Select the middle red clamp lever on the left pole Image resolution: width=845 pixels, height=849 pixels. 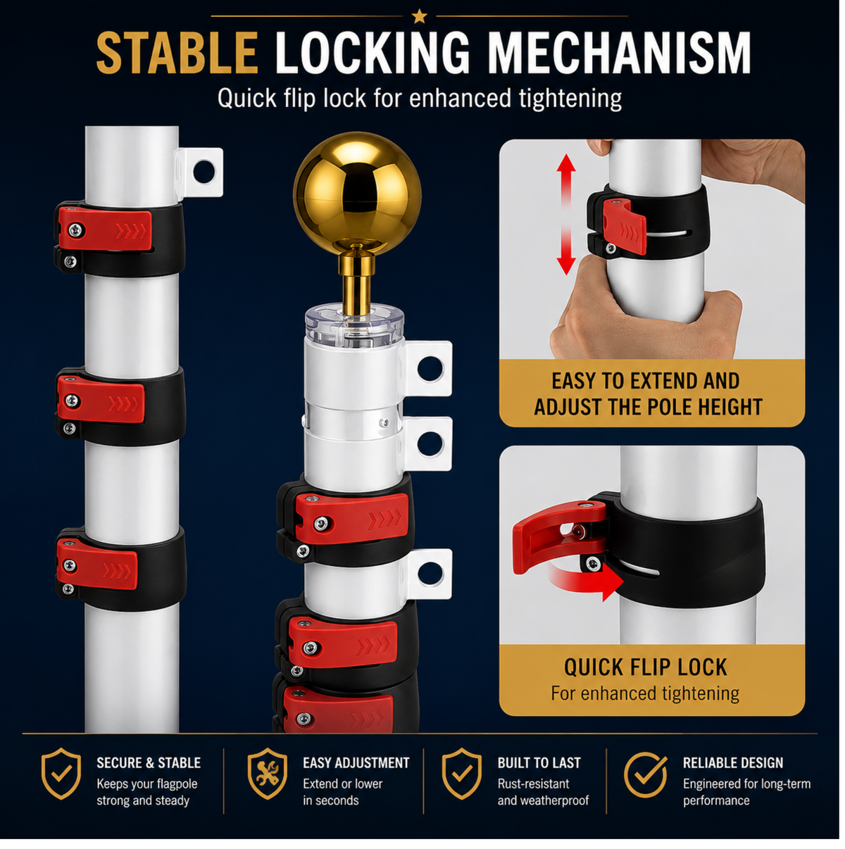click(102, 403)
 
